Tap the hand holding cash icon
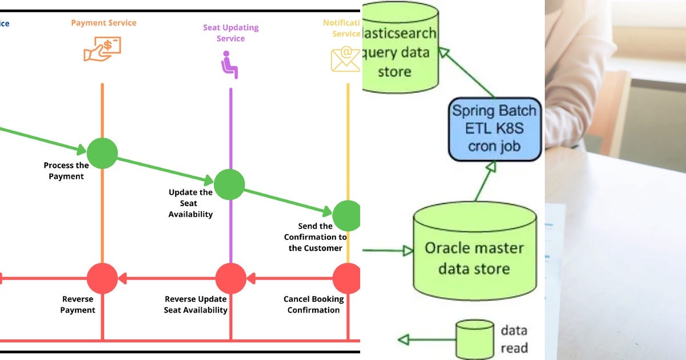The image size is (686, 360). (102, 50)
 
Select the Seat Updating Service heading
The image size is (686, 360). (230, 33)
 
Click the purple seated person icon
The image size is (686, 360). (229, 65)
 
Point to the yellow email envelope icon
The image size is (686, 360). (345, 59)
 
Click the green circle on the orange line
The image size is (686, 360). (102, 153)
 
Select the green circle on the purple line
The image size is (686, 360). (229, 185)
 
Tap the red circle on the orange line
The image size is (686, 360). (102, 279)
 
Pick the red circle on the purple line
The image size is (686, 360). (230, 279)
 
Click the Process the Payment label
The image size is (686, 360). (66, 171)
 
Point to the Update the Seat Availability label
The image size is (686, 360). (190, 203)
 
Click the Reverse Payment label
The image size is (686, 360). (78, 305)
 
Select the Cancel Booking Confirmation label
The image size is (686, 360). (314, 305)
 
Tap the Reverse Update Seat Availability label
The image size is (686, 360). (196, 305)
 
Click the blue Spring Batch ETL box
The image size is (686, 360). (494, 129)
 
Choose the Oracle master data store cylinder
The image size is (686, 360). (474, 251)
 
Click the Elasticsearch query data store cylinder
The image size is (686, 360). (400, 49)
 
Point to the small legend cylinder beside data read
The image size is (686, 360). (474, 339)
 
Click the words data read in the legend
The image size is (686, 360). (514, 339)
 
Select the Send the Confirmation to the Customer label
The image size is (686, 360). (315, 237)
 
